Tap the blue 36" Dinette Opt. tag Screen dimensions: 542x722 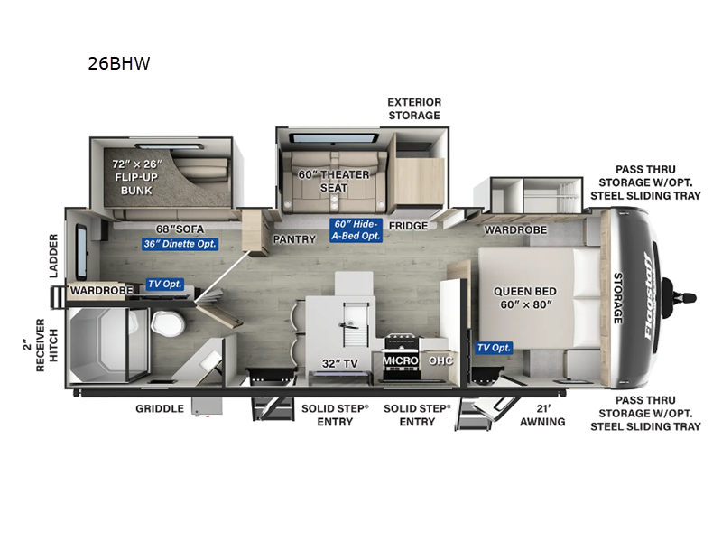coord(180,243)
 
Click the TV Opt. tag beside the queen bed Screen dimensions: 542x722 coord(495,348)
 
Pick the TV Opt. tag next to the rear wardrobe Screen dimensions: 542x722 coord(164,284)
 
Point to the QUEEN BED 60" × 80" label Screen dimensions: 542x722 coord(524,299)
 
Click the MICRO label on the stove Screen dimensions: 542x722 coord(399,360)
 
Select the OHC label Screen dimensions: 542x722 coord(440,360)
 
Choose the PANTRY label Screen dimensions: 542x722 coord(294,239)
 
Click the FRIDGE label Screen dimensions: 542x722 coord(408,226)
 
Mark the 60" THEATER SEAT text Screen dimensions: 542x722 coord(331,181)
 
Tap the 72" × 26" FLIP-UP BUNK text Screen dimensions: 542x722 coord(136,177)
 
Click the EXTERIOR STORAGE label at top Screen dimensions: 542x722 coord(413,108)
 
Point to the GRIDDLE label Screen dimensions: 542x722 coord(159,408)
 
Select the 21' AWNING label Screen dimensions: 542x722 coord(543,415)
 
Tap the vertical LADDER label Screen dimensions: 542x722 coord(53,256)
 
